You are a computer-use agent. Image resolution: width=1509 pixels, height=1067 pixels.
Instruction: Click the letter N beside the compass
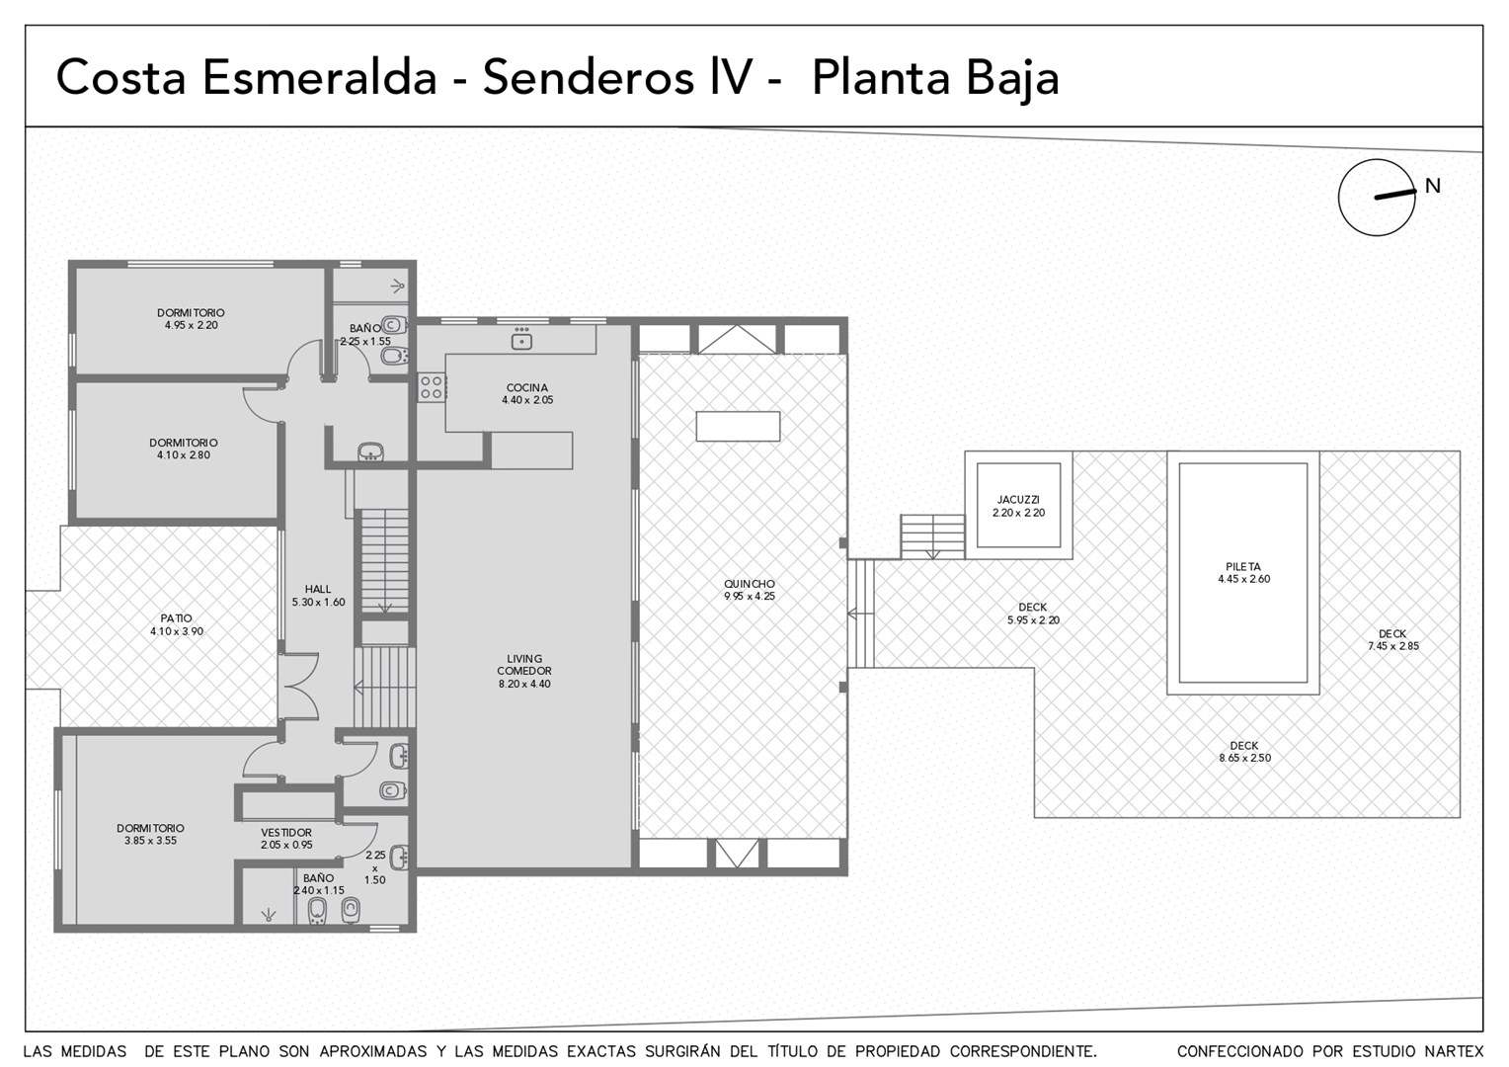coord(1433,186)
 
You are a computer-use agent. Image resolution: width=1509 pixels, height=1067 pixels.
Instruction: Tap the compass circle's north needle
coord(1395,194)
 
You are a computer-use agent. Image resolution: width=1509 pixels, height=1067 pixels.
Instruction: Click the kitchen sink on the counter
coord(520,338)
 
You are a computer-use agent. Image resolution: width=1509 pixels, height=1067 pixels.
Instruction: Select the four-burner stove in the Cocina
coord(432,387)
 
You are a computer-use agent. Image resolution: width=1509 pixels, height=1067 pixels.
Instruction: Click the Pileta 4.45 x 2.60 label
coord(1243,573)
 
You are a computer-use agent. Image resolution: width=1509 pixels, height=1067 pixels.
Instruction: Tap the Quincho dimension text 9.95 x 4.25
coord(750,597)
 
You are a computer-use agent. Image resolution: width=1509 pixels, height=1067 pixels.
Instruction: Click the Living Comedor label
coord(524,665)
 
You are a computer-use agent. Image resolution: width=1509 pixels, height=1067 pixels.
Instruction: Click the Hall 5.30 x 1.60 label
coord(318,596)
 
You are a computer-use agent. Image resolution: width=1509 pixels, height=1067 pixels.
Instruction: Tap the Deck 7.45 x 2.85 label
coord(1393,639)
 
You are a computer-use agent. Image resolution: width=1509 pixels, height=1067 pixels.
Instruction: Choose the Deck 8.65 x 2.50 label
coord(1244,752)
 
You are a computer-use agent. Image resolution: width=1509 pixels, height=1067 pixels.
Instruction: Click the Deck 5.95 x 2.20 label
coord(1033,614)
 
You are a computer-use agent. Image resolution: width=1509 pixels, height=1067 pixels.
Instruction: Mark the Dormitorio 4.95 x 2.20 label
coord(191,319)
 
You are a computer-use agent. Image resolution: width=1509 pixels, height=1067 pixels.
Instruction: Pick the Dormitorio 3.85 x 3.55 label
coord(150,835)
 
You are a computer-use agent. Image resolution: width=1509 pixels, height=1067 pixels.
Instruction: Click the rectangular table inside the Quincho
coord(738,426)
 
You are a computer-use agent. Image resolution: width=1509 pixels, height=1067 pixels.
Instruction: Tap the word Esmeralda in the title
coord(319,77)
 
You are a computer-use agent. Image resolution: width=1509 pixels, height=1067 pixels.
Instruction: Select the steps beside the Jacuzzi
coord(933,536)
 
